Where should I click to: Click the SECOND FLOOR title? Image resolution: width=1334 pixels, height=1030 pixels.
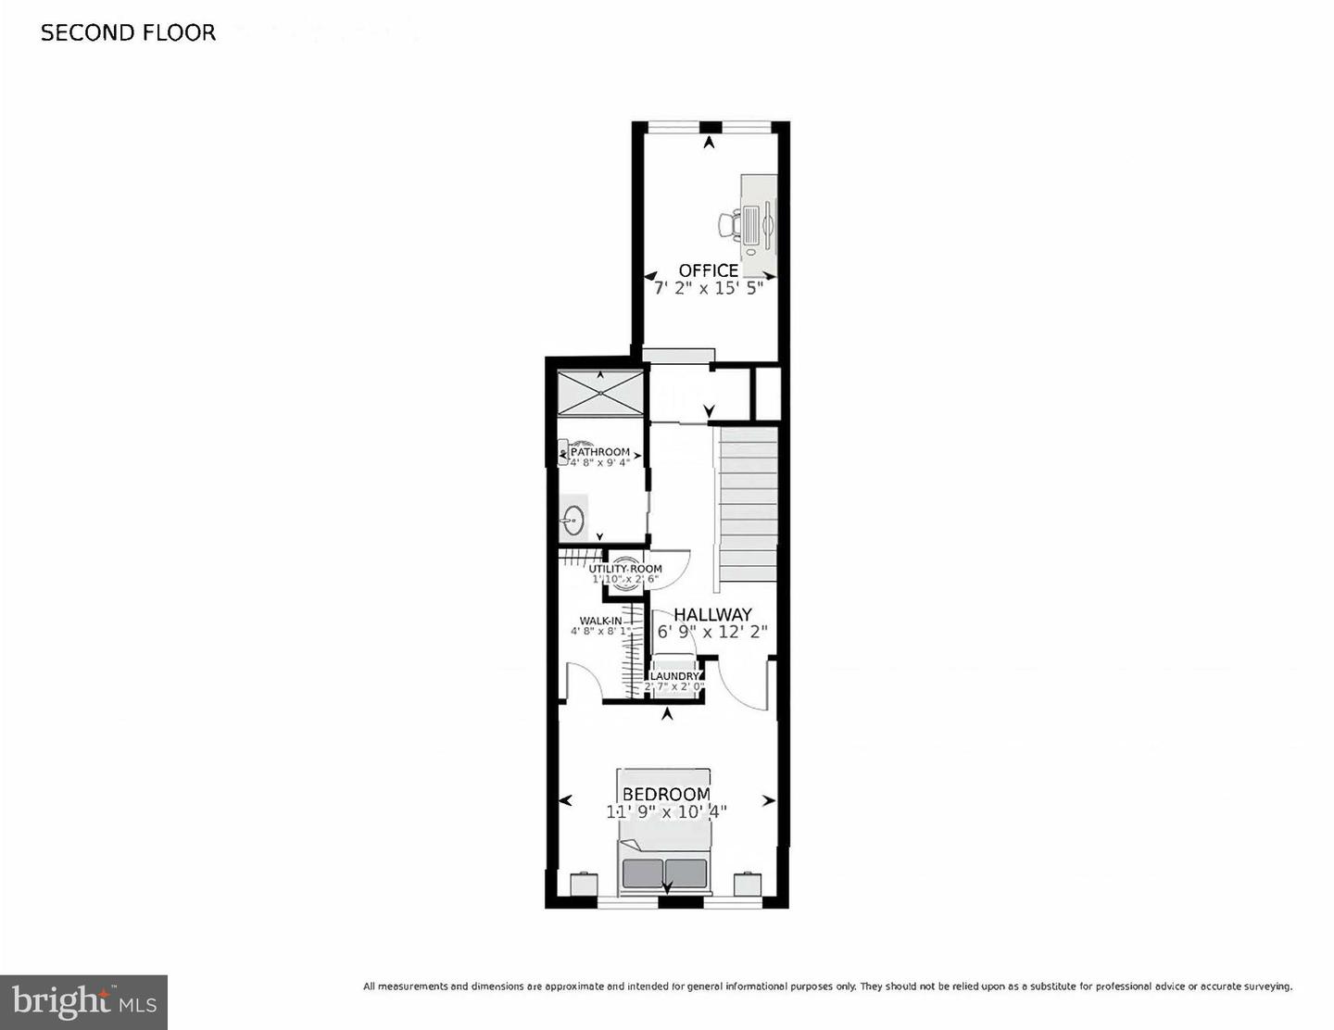coord(128,33)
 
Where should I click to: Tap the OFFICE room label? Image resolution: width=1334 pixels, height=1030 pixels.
coord(709,270)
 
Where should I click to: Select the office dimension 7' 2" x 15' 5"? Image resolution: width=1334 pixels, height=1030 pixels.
coord(709,288)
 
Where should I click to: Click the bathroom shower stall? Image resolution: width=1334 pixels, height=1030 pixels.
coord(599,393)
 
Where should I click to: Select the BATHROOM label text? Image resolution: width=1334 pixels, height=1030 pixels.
coord(600,452)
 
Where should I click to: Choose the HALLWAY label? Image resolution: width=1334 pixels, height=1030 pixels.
coord(712,614)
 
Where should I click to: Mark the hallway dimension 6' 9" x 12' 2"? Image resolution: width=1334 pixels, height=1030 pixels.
coord(712,633)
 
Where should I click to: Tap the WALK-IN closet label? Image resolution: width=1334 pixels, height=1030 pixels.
coord(600,621)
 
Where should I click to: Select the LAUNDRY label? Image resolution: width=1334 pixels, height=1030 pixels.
coord(673,676)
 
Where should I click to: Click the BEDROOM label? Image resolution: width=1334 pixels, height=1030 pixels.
coord(666,794)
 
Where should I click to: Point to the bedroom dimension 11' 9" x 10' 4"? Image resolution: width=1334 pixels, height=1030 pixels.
coord(666,811)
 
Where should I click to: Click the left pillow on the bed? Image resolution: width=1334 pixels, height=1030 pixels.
coord(643,873)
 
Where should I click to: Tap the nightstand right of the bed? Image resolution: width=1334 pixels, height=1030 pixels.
coord(747,885)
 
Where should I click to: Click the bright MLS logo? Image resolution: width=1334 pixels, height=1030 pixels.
coord(83,1002)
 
